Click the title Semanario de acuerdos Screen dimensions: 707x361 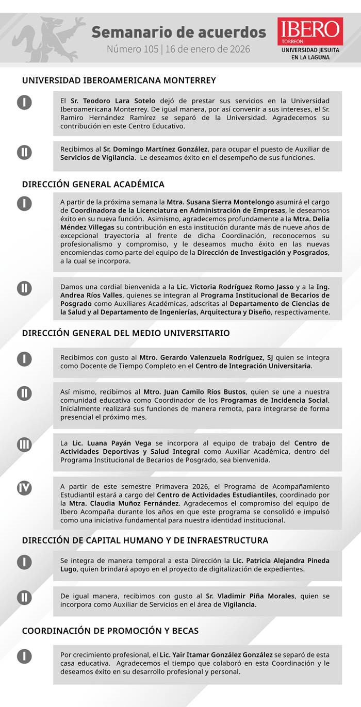(178, 32)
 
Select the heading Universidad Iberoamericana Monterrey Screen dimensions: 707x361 (119, 80)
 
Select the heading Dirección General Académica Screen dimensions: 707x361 (93, 184)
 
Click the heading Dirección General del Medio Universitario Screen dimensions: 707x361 (126, 333)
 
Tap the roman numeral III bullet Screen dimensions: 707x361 (24, 444)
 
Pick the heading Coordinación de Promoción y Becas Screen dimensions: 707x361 (110, 631)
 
